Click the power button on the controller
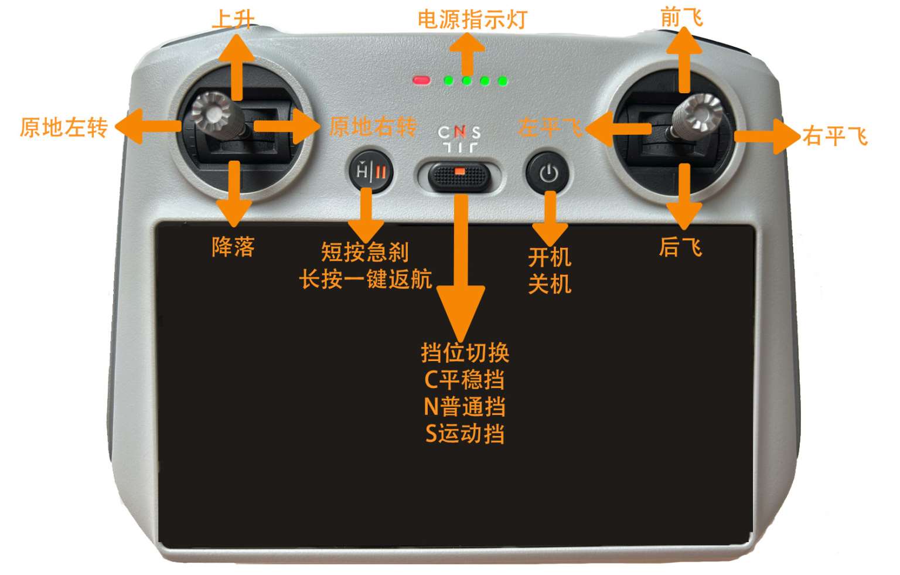pyautogui.click(x=548, y=173)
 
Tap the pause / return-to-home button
pyautogui.click(x=371, y=172)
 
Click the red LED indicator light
pyautogui.click(x=421, y=80)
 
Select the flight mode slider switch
pyautogui.click(x=459, y=177)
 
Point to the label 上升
pyautogui.click(x=233, y=19)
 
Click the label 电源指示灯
pyautogui.click(x=472, y=19)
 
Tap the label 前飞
pyautogui.click(x=682, y=18)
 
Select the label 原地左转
pyautogui.click(x=64, y=128)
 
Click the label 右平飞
pyautogui.click(x=835, y=136)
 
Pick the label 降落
pyautogui.click(x=233, y=246)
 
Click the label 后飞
pyautogui.click(x=681, y=246)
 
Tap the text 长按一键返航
pyautogui.click(x=366, y=279)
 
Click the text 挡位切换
pyautogui.click(x=465, y=353)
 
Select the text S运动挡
pyautogui.click(x=465, y=434)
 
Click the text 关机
pyautogui.click(x=550, y=284)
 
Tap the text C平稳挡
pyautogui.click(x=465, y=379)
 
